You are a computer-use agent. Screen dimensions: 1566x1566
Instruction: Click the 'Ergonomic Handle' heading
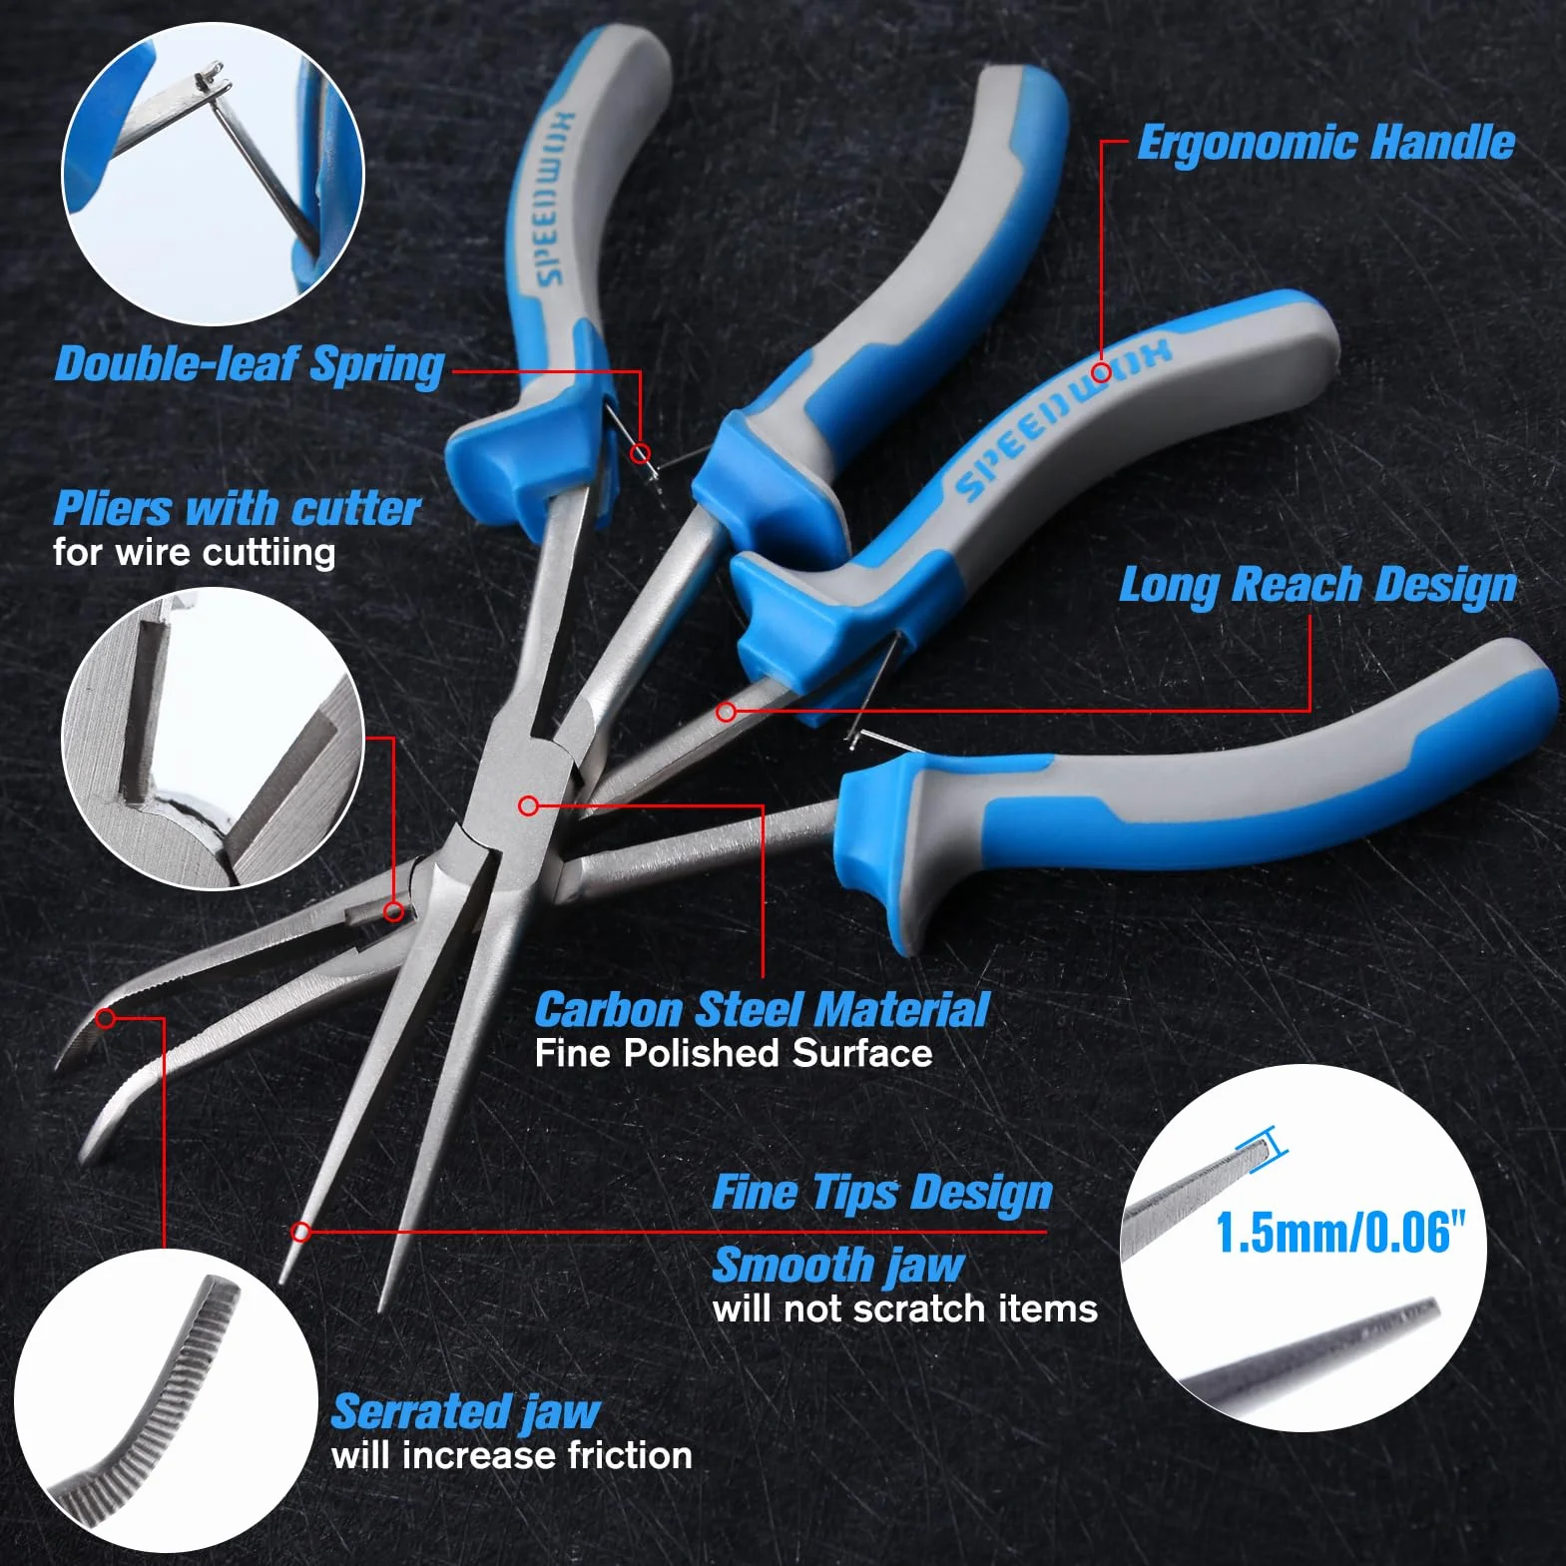(x=1326, y=143)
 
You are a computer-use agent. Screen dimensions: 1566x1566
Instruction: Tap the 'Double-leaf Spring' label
(x=250, y=364)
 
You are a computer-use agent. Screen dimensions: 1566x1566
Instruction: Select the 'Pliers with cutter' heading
(x=237, y=508)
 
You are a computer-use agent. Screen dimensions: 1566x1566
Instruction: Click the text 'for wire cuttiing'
(x=194, y=552)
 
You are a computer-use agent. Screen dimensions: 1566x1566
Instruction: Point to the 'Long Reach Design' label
(x=1317, y=585)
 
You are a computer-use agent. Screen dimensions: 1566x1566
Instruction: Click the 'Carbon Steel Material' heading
(x=762, y=1009)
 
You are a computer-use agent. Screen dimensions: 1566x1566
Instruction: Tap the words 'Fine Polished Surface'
(x=734, y=1053)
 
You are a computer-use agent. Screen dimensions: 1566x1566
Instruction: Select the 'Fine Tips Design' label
(x=882, y=1193)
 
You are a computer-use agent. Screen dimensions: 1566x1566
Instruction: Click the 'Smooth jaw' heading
(x=838, y=1266)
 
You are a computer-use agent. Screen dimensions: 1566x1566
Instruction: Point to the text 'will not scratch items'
(x=905, y=1308)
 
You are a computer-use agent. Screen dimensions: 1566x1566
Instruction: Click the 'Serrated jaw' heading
(x=465, y=1412)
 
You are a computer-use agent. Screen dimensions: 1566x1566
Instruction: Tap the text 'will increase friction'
(x=512, y=1455)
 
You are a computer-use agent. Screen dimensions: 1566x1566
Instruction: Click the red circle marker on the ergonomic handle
(x=1101, y=372)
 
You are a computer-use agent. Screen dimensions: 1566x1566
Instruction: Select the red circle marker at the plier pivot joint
(x=529, y=805)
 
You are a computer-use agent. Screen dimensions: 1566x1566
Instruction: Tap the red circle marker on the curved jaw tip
(x=106, y=1018)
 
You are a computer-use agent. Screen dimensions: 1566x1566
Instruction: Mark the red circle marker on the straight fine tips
(x=300, y=1232)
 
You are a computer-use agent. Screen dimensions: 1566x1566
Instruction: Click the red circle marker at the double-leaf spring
(x=641, y=454)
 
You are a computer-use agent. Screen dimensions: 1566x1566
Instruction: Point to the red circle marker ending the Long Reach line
(x=727, y=712)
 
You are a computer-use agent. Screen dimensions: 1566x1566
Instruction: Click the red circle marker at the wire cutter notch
(x=394, y=910)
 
